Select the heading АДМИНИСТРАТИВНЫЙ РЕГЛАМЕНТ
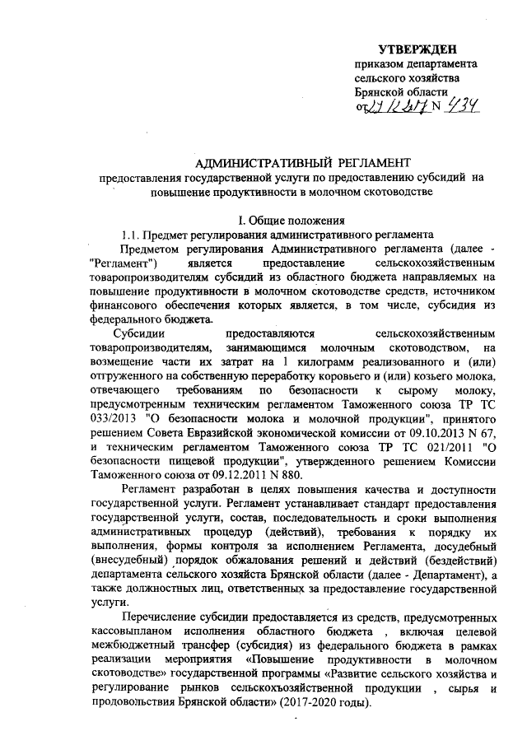tap(280, 162)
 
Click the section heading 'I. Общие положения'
tap(286, 220)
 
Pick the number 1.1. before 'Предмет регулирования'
tap(133, 234)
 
